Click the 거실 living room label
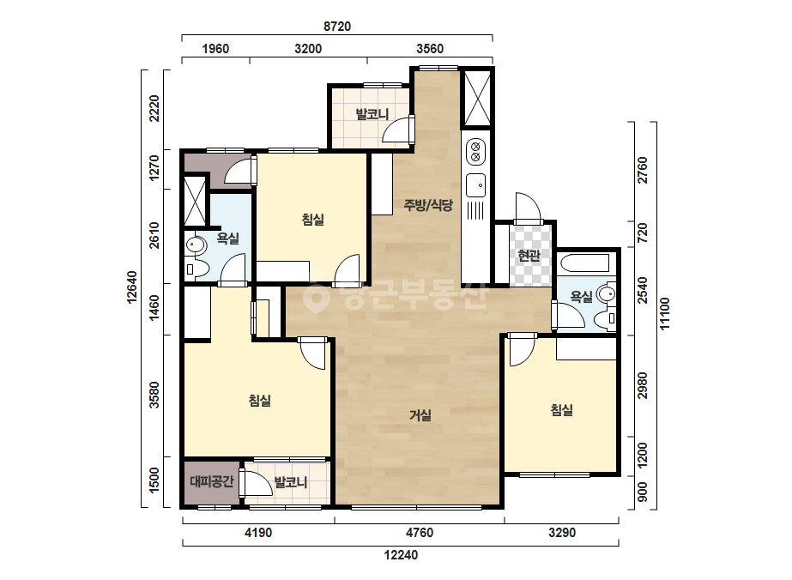[420, 415]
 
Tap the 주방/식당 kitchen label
[428, 205]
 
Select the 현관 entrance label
[529, 255]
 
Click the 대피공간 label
[212, 481]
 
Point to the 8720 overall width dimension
[337, 27]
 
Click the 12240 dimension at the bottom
[401, 555]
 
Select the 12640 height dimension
[132, 287]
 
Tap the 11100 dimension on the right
[665, 314]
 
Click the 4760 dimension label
[420, 533]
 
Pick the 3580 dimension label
[154, 395]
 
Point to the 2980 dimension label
[642, 385]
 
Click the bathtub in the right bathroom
[584, 263]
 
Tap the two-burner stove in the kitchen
[475, 152]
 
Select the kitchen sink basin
[475, 185]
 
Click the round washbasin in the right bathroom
[606, 293]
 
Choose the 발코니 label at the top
[372, 114]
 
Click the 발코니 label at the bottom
[290, 482]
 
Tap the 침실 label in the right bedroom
[562, 409]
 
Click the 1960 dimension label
[215, 49]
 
